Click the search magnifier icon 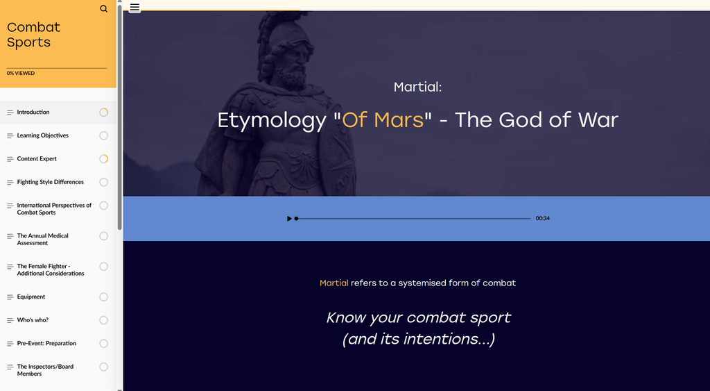[104, 8]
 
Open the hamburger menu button [135, 7]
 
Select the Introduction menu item [33, 112]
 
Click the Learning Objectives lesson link [42, 135]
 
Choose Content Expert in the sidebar [37, 159]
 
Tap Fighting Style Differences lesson [50, 182]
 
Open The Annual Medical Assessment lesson [42, 239]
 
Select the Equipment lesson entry [31, 297]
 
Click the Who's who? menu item [33, 319]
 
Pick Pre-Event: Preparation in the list [46, 343]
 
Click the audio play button [289, 219]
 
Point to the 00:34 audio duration [542, 218]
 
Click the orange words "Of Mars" [383, 119]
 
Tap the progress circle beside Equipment [104, 297]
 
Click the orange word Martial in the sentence [334, 283]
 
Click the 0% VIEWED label [20, 73]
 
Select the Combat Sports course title [33, 35]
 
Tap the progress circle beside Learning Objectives [104, 135]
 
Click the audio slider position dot [296, 219]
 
